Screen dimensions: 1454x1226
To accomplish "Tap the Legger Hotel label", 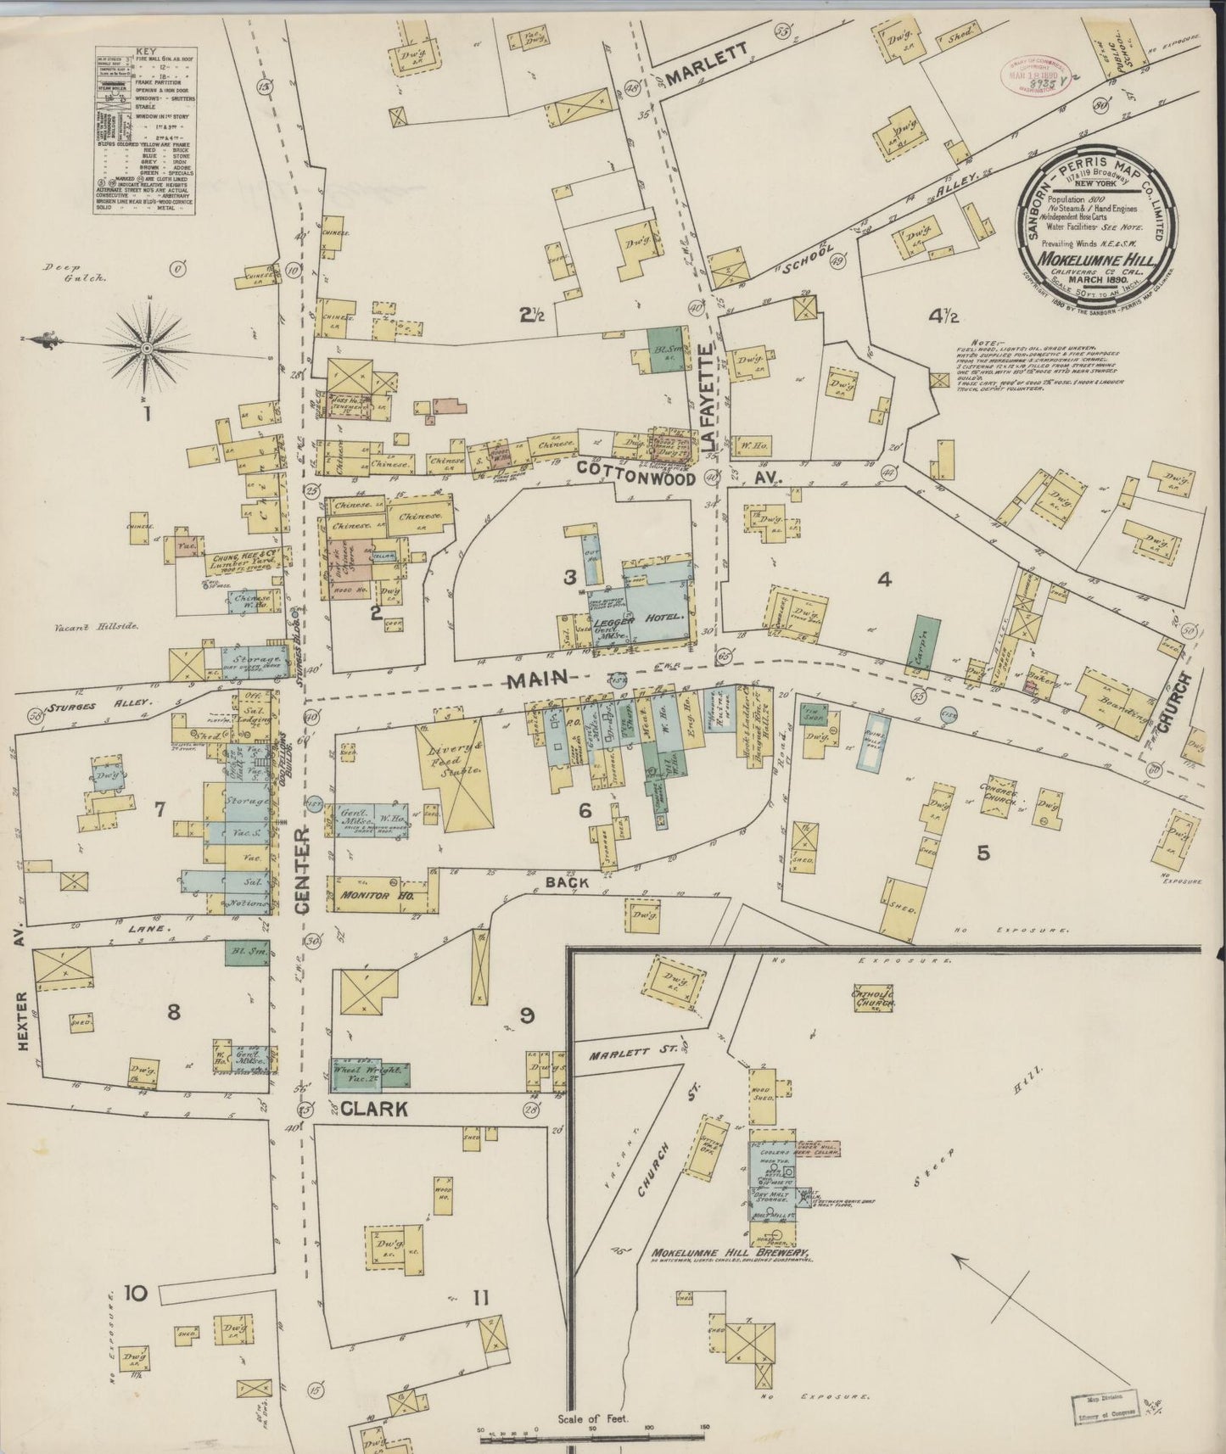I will [x=652, y=618].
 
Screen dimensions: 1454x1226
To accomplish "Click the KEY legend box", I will [x=144, y=129].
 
